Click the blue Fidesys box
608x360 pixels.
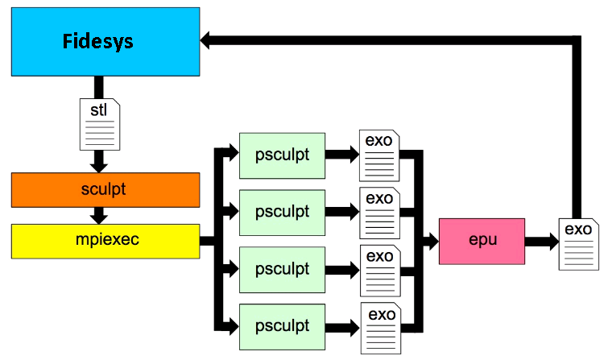pos(105,42)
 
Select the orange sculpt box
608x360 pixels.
pos(105,190)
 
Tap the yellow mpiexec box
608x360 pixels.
pos(105,242)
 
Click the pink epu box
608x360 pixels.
pos(482,242)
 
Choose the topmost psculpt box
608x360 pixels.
pos(283,155)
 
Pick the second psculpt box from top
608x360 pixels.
pos(283,213)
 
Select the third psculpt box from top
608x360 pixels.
pos(283,270)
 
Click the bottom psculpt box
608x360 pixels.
pos(283,327)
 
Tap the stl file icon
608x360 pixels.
pos(100,124)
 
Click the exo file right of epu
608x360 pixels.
pos(578,244)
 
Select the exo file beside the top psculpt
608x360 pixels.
pos(379,155)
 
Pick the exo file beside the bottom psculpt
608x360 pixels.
pos(381,329)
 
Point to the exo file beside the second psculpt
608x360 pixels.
pos(379,213)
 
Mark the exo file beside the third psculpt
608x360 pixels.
pos(380,271)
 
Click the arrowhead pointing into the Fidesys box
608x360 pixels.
pos(205,40)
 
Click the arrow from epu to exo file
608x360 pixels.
pos(542,242)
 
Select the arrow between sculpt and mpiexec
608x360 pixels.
pos(99,216)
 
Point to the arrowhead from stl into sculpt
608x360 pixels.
pos(99,168)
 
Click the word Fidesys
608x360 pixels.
pos(97,41)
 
